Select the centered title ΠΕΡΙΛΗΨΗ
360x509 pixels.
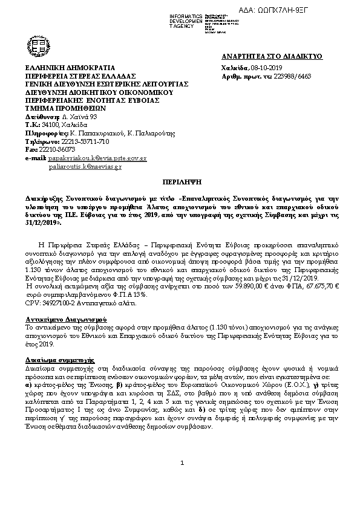tap(180, 181)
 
